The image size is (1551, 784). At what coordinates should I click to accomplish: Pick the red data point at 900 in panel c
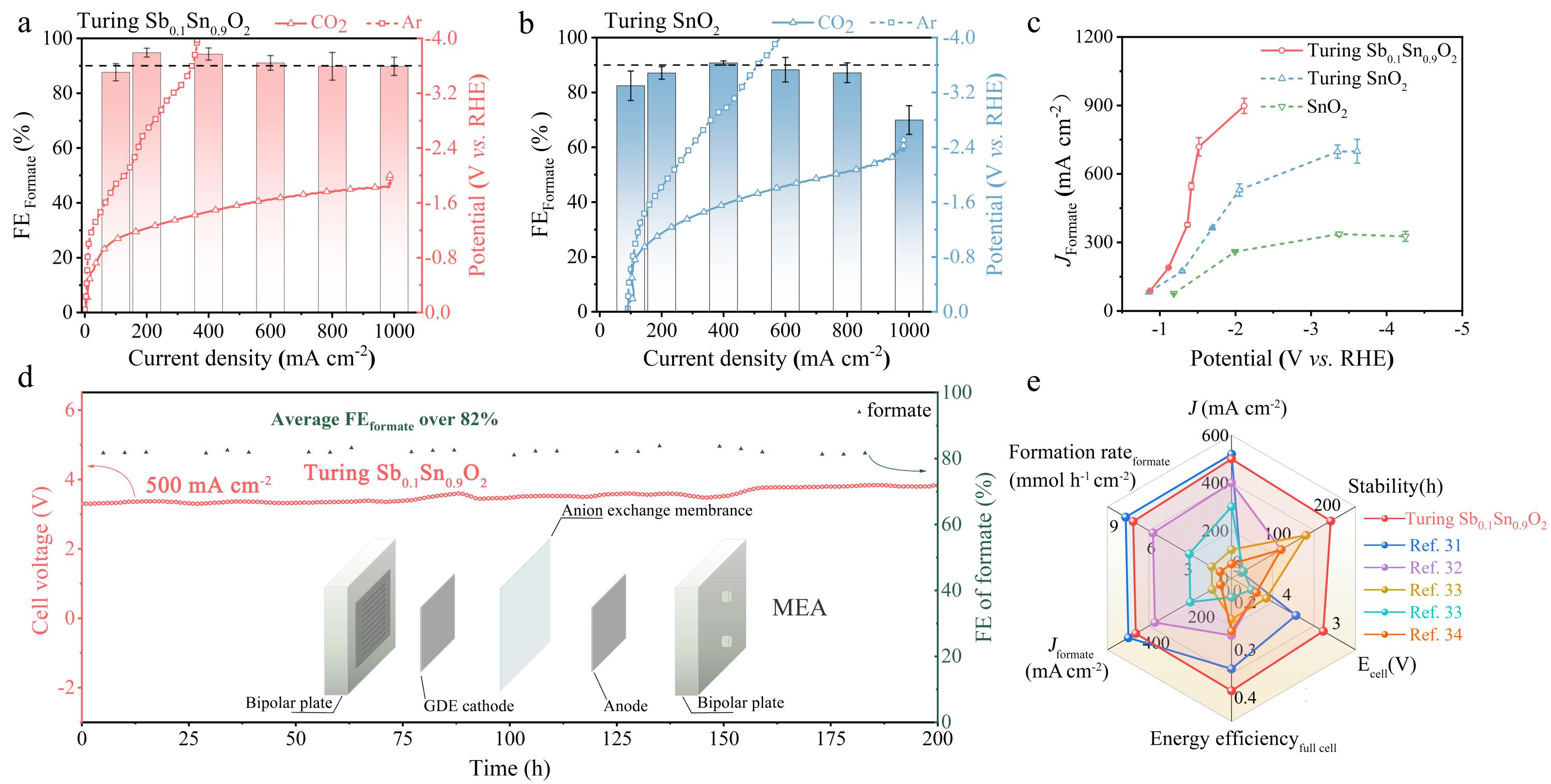(1243, 107)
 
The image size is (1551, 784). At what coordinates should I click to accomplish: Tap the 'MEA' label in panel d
(799, 608)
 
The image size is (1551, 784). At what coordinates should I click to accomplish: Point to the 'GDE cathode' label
(468, 705)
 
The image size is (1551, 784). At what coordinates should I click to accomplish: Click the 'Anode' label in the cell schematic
(626, 705)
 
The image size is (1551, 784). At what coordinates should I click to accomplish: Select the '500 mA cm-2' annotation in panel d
(208, 485)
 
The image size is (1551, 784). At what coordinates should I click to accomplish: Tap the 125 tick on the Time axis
(617, 738)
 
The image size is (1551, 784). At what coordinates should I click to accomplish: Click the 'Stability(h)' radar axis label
(1394, 486)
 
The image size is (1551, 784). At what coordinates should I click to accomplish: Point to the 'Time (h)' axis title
(509, 768)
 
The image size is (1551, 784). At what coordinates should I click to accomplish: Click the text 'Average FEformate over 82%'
(384, 420)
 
